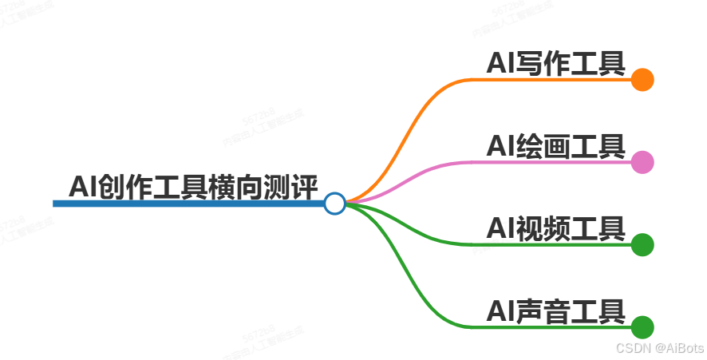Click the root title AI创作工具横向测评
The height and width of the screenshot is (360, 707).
coord(194,187)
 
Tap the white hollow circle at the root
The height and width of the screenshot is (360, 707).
coord(335,204)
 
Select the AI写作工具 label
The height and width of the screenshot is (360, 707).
coord(555,63)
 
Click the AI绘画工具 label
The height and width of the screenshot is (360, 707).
coord(555,146)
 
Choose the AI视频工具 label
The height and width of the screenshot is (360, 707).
coord(555,228)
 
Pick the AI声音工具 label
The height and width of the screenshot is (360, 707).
coord(555,311)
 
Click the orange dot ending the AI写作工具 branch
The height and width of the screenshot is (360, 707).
coord(642,80)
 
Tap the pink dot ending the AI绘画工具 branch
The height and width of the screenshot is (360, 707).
coord(642,162)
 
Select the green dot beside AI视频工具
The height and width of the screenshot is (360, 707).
coord(642,244)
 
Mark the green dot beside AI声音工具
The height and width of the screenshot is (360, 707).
coord(642,327)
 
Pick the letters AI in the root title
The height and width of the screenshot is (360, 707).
coord(81,187)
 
